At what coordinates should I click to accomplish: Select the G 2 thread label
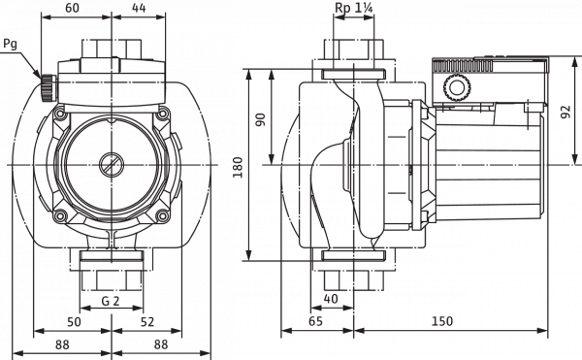(113, 300)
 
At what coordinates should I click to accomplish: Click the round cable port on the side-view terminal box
(455, 89)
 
